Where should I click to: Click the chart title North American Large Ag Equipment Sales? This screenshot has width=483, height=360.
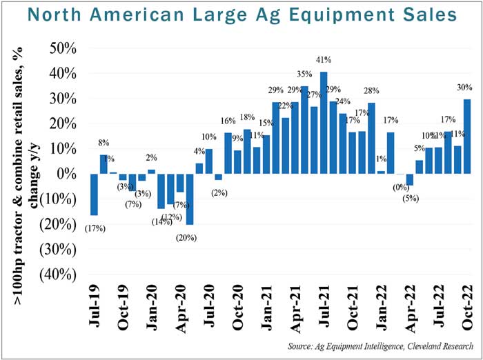point(241,15)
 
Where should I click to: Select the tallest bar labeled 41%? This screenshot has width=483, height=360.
point(324,123)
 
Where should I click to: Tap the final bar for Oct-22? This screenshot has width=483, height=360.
point(467,137)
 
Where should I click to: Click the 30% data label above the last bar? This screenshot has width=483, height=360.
point(464,88)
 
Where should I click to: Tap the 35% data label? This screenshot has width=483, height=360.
point(304,74)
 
